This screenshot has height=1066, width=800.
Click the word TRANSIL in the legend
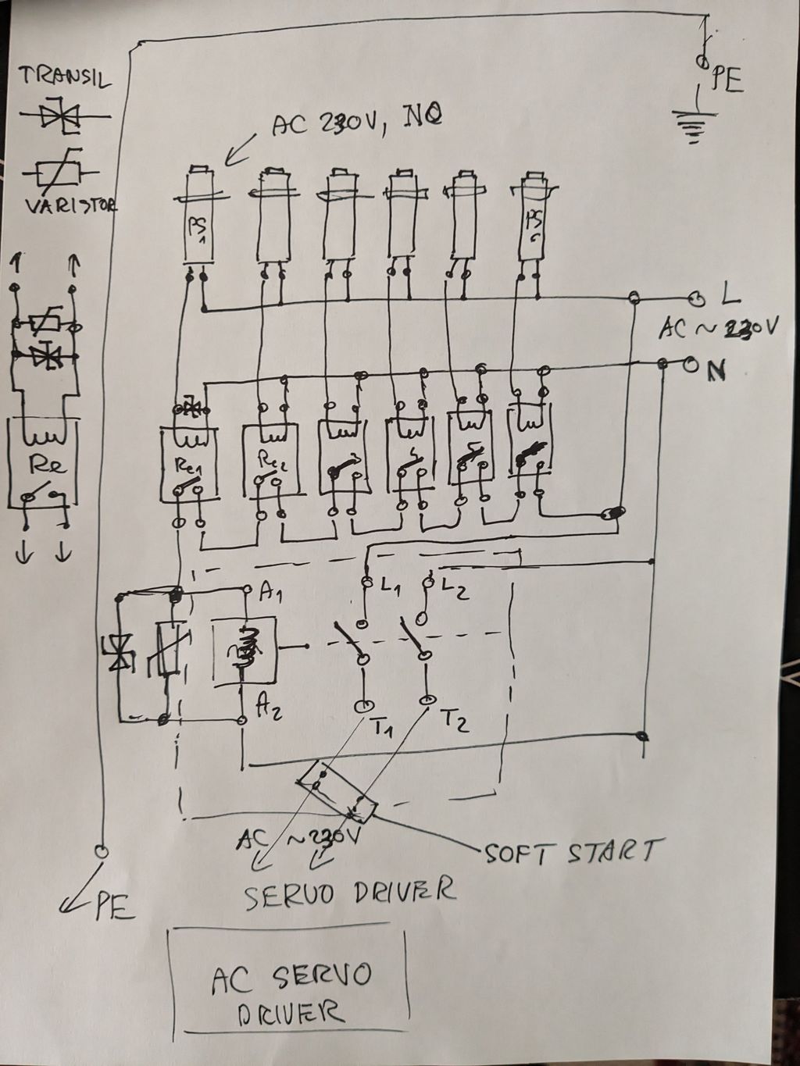64,77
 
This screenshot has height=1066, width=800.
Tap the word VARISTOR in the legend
70,205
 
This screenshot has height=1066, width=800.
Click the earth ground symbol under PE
691,126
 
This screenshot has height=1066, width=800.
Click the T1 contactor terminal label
383,729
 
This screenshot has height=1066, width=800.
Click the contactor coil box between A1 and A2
243,651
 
